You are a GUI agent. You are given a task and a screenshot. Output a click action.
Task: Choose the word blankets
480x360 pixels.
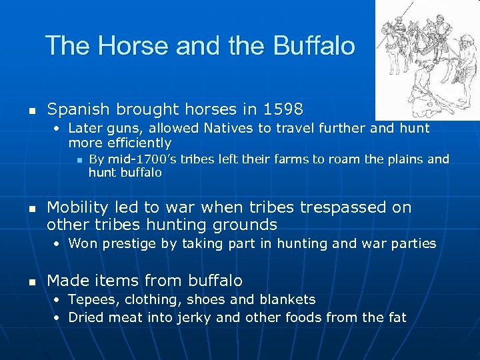click(x=285, y=299)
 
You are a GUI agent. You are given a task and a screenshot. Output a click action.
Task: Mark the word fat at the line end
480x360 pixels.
click(x=396, y=317)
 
